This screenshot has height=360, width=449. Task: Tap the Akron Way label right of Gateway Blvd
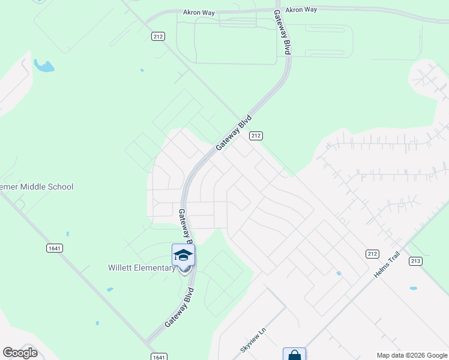pyautogui.click(x=301, y=10)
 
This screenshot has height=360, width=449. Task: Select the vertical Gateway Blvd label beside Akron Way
pyautogui.click(x=282, y=32)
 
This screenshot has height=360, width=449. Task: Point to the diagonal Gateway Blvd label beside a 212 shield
pyautogui.click(x=233, y=133)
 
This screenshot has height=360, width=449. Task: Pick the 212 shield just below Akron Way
pyautogui.click(x=158, y=36)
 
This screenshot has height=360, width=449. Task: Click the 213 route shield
pyautogui.click(x=415, y=261)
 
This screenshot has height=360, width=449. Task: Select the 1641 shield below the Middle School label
pyautogui.click(x=54, y=247)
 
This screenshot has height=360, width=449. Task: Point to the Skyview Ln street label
pyautogui.click(x=253, y=340)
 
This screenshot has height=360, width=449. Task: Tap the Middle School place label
pyautogui.click(x=37, y=187)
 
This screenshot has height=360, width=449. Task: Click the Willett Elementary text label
pyautogui.click(x=142, y=268)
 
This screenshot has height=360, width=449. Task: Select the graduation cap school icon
pyautogui.click(x=184, y=256)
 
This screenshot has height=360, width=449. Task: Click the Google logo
pyautogui.click(x=20, y=353)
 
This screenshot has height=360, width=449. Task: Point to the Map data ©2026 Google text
pyautogui.click(x=411, y=355)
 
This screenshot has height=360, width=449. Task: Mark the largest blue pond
pyautogui.click(x=43, y=65)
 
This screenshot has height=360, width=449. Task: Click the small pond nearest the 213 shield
pyautogui.click(x=413, y=289)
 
